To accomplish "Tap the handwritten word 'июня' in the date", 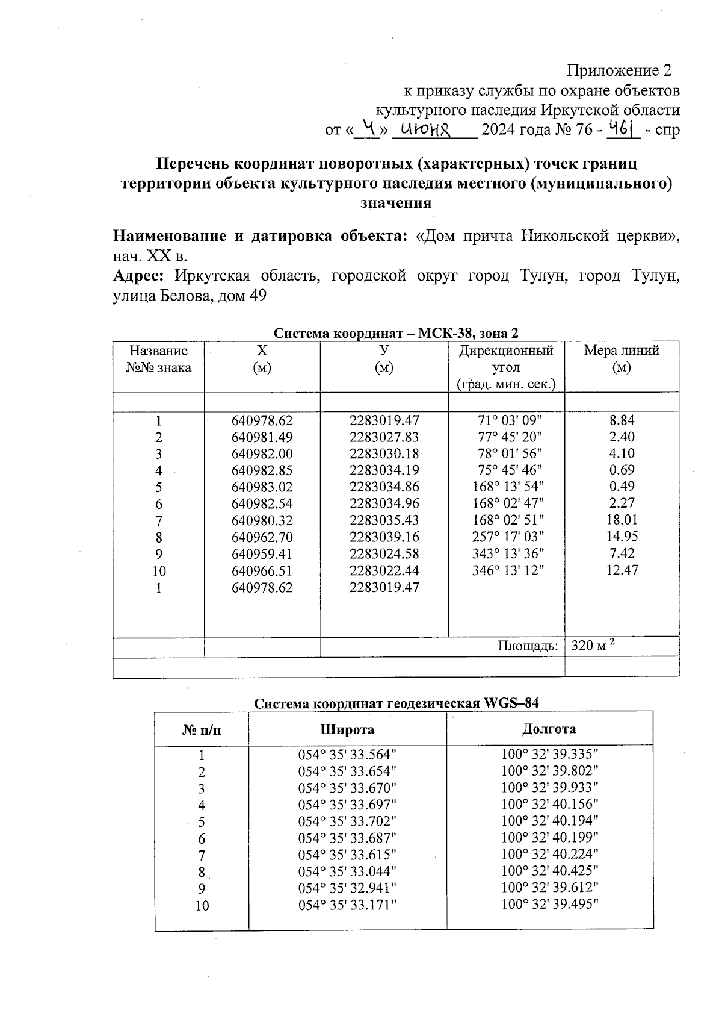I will (427, 128).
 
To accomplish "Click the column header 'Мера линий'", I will (622, 351).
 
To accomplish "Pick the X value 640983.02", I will (262, 487).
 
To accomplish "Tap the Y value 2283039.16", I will (384, 537).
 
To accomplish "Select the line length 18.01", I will (622, 520).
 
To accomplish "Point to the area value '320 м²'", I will (592, 646).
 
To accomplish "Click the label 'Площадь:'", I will (528, 646).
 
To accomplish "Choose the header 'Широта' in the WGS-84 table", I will (347, 729).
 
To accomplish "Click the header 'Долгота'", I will (549, 729).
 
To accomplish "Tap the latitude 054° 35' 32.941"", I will (347, 888).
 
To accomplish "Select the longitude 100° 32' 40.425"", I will (549, 871).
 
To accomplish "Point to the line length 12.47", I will (622, 570).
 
